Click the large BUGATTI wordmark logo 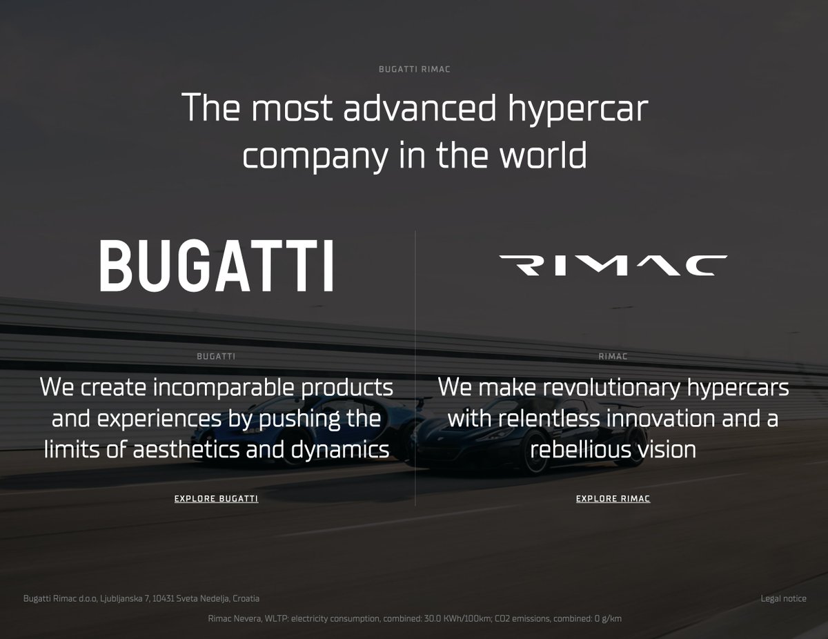(217, 266)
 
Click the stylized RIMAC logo (613, 266)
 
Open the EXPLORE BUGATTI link (216, 498)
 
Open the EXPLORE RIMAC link (613, 498)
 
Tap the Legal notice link (783, 598)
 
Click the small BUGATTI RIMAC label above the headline (414, 69)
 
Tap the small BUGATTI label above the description (216, 357)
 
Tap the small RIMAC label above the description (613, 357)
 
